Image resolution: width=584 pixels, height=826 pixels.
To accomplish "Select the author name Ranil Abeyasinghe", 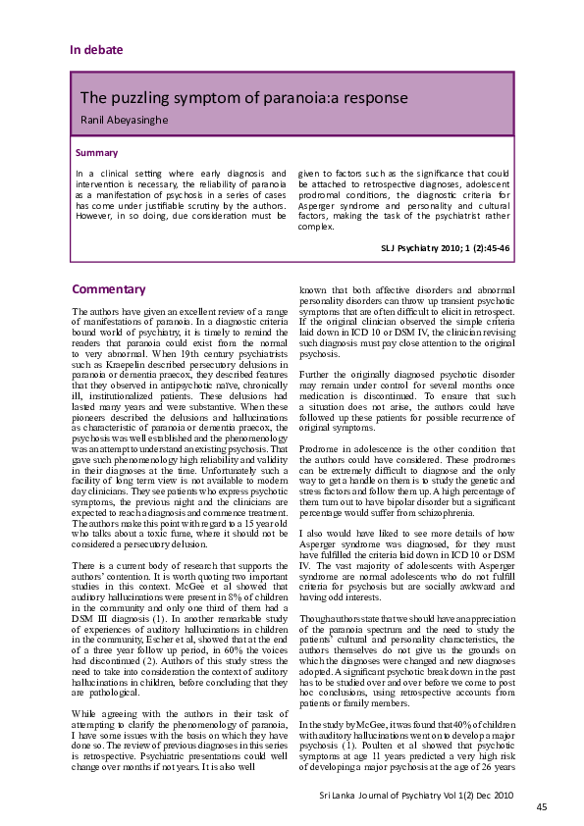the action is [x=129, y=121].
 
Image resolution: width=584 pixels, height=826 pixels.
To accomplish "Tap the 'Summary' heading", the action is [x=96, y=153].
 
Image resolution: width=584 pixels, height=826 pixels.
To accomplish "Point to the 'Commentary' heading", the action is [x=109, y=289].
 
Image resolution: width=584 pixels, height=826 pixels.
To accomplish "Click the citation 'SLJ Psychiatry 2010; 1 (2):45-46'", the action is [x=445, y=249].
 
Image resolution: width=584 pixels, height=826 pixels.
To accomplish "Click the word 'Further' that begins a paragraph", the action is [x=314, y=375].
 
